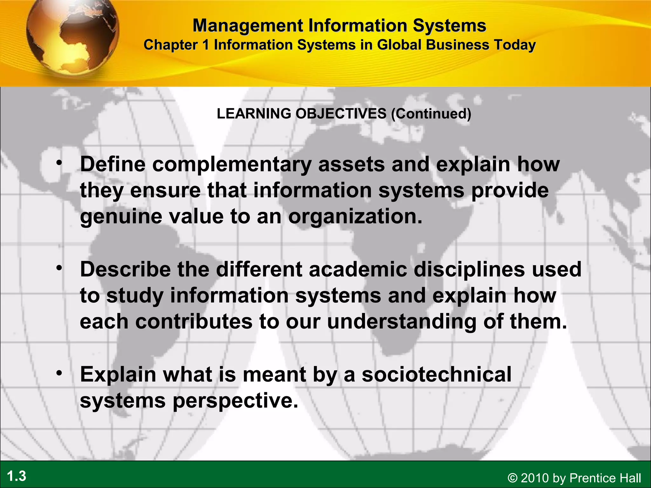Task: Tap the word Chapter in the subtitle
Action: click(171, 45)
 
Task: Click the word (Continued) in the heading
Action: click(431, 114)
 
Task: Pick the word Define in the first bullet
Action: click(113, 164)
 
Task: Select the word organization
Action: click(355, 217)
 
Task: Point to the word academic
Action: click(358, 269)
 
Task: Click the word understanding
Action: click(402, 322)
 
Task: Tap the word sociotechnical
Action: click(436, 374)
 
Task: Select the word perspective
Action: click(236, 401)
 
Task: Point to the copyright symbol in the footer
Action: click(512, 478)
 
